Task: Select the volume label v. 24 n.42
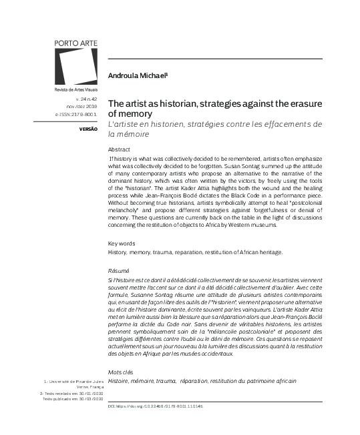click(x=87, y=98)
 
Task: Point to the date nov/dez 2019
click(x=83, y=105)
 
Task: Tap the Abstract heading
click(x=119, y=149)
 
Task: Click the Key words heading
click(x=121, y=244)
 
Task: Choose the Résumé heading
click(x=119, y=270)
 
